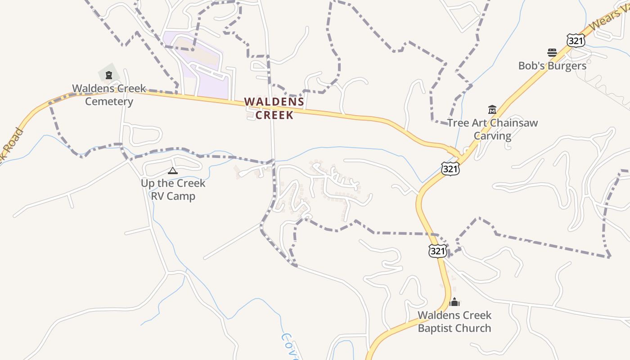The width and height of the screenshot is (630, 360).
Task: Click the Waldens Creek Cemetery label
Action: (109, 95)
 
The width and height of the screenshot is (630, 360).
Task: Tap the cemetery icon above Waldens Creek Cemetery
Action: (108, 75)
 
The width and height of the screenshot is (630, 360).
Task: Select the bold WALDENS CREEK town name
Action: (274, 108)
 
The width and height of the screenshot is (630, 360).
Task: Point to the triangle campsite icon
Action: (172, 171)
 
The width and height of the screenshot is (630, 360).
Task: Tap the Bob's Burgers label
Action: (552, 66)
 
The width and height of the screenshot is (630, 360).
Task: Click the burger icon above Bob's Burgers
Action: (552, 52)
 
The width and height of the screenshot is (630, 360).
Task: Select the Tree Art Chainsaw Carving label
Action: (492, 129)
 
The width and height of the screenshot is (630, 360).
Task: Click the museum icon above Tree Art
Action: (492, 109)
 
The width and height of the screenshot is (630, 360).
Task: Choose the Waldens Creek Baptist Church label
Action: (454, 322)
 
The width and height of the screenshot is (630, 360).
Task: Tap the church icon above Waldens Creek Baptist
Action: (454, 302)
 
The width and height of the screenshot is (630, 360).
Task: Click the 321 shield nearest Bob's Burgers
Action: (576, 40)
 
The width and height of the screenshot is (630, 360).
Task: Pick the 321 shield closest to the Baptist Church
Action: (437, 251)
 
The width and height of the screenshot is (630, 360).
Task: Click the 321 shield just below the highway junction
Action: (450, 169)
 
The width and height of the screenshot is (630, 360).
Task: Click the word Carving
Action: (493, 136)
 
